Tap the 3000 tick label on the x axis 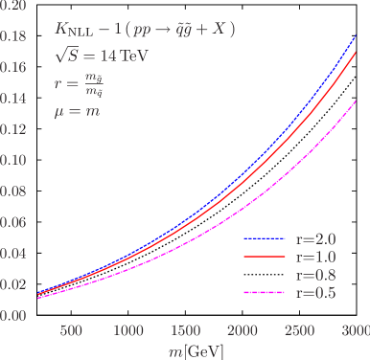(355, 330)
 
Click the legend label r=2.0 (315, 238)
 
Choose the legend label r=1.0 (315, 257)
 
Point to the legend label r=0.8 (315, 275)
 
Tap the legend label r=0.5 (315, 293)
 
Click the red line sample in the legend (264, 257)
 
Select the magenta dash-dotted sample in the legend (264, 293)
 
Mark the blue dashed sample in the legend (264, 238)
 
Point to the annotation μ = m (78, 112)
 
